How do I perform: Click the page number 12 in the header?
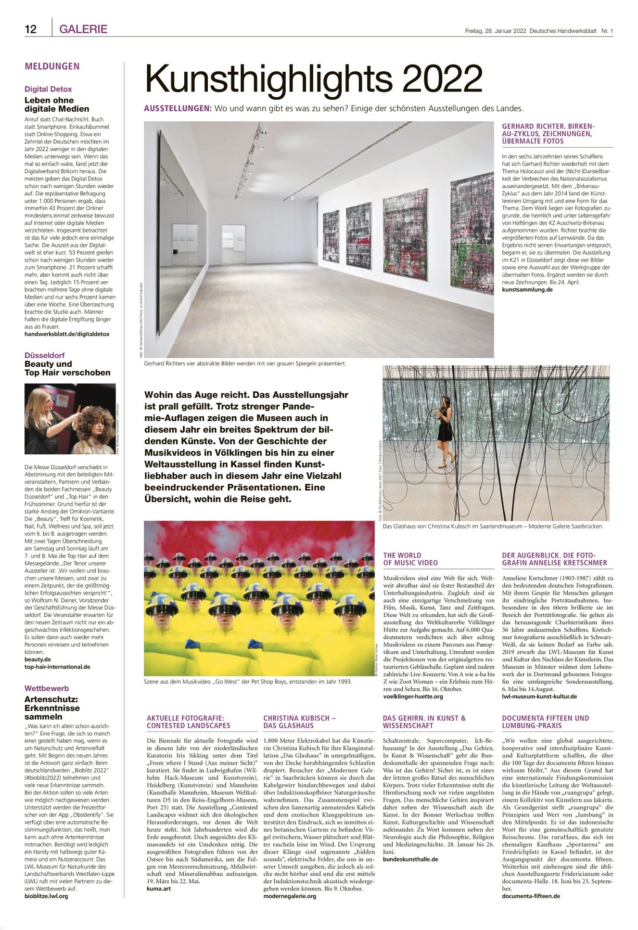tap(31, 29)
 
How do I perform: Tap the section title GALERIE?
tap(83, 29)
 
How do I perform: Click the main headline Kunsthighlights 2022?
tap(314, 79)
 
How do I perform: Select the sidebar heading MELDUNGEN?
tap(52, 66)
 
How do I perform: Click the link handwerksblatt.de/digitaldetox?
tap(67, 334)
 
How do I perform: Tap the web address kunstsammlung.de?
tap(527, 290)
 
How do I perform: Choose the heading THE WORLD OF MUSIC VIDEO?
tap(410, 559)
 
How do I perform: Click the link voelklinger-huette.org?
tap(413, 696)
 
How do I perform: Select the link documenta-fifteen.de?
tap(531, 896)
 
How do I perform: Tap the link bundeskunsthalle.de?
tap(410, 859)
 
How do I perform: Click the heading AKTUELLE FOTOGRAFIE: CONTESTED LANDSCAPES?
tap(189, 722)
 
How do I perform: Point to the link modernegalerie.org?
tap(290, 896)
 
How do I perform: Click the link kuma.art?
tap(159, 889)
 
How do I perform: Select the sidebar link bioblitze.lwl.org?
tap(46, 896)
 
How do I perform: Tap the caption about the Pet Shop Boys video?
tap(248, 682)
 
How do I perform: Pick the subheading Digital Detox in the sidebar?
tap(48, 89)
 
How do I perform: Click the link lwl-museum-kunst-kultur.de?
tap(539, 696)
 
